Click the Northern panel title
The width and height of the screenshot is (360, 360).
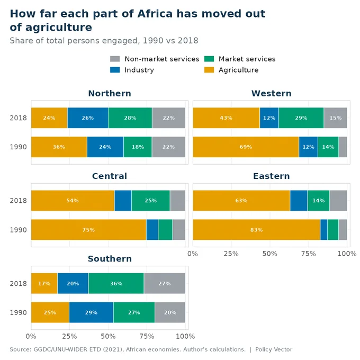[x=110, y=94]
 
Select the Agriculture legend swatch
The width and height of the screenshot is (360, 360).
[x=209, y=70]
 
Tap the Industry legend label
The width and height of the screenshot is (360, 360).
[x=139, y=70]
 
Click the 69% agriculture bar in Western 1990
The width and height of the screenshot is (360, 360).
[x=246, y=147]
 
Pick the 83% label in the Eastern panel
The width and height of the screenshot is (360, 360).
[x=256, y=230]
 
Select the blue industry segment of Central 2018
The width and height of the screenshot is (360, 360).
[x=123, y=201]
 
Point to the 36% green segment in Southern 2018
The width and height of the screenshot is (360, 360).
[x=116, y=283]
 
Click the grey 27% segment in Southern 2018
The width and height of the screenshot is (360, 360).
[x=165, y=283]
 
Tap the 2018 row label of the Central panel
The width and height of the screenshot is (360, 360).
[x=18, y=201]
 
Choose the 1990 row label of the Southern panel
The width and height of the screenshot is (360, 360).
[x=18, y=313]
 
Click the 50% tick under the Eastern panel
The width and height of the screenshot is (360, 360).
[x=270, y=254]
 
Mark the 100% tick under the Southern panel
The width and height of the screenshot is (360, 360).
[x=185, y=336]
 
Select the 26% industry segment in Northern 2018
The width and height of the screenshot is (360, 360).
[x=88, y=118]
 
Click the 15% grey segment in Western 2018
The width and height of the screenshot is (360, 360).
[x=335, y=118]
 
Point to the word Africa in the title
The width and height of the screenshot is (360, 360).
[x=155, y=14]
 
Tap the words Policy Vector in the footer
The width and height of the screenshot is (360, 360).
[x=274, y=349]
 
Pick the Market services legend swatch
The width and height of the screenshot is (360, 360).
[x=209, y=59]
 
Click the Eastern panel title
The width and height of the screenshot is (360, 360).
[x=272, y=176]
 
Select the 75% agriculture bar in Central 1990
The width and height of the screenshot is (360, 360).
[x=88, y=230]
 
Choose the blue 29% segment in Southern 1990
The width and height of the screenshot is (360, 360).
[x=91, y=312]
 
